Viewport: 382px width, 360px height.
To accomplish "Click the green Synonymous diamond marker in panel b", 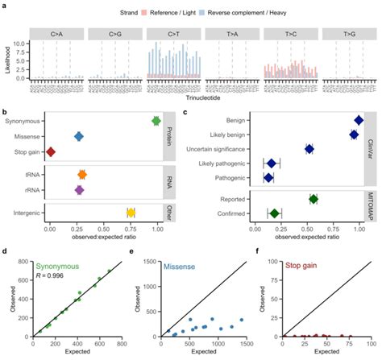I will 156,121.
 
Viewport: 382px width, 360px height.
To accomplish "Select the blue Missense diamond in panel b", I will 78,136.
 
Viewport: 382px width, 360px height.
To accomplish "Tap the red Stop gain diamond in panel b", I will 51,151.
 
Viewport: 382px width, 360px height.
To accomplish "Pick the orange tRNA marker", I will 82,174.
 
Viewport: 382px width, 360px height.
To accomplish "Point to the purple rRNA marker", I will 79,190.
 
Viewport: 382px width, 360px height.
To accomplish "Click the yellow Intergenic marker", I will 131,213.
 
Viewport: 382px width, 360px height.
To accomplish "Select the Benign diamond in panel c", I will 358,121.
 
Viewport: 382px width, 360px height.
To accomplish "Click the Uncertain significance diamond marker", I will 309,149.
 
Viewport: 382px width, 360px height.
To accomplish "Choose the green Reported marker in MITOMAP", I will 313,198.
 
